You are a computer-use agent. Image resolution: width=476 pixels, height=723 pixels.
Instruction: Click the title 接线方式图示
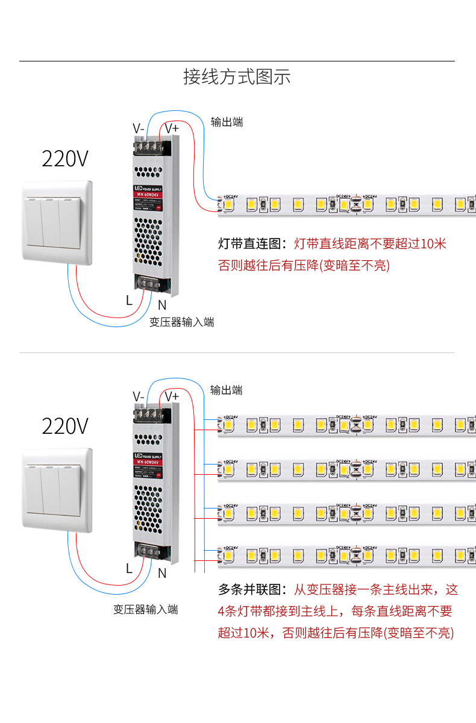pyautogui.click(x=237, y=77)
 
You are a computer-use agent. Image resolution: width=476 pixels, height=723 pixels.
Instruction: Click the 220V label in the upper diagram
pyautogui.click(x=65, y=159)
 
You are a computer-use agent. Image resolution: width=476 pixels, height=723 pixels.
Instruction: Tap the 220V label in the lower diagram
pyautogui.click(x=65, y=426)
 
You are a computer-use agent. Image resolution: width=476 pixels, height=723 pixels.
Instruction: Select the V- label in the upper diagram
pyautogui.click(x=139, y=128)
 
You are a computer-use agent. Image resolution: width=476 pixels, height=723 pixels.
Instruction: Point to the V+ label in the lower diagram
pyautogui.click(x=172, y=396)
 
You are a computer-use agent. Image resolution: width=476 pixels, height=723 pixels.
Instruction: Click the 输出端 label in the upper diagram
pyautogui.click(x=227, y=122)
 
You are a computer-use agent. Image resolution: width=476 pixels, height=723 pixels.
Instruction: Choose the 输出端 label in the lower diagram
pyautogui.click(x=227, y=390)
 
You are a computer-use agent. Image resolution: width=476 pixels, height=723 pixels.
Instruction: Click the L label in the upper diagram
pyautogui.click(x=129, y=299)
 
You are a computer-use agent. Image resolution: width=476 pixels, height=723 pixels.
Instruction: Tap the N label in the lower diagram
pyautogui.click(x=161, y=574)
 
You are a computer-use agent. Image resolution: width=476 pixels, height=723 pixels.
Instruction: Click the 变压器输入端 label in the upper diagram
pyautogui.click(x=182, y=322)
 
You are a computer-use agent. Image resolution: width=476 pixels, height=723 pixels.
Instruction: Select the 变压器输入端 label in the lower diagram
pyautogui.click(x=146, y=610)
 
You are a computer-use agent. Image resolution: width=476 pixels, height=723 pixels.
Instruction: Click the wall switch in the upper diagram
pyautogui.click(x=57, y=222)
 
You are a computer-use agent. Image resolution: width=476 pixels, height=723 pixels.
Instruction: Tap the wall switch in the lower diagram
pyautogui.click(x=57, y=490)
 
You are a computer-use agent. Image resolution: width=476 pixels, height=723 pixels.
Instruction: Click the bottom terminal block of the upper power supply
pyautogui.click(x=152, y=284)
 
